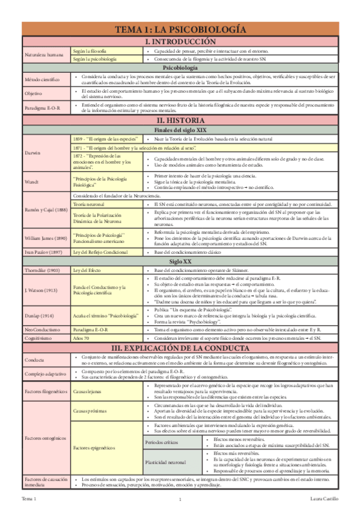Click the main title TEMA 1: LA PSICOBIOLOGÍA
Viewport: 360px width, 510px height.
point(180,29)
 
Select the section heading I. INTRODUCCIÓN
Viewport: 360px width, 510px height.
point(180,41)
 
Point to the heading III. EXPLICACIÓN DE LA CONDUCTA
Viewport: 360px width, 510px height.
point(180,349)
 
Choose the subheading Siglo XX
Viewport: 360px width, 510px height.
point(180,263)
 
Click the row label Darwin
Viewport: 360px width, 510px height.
point(32,153)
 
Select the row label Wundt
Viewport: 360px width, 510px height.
point(31,181)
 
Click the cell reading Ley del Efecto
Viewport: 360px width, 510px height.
point(88,272)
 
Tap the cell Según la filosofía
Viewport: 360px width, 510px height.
point(90,52)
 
